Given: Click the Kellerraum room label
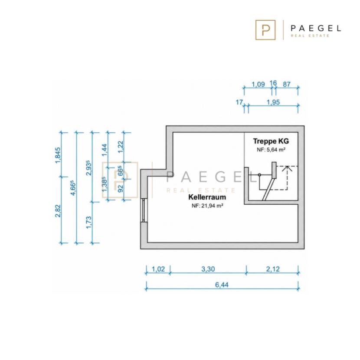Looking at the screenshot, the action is [x=207, y=197].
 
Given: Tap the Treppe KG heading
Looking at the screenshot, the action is [x=271, y=141].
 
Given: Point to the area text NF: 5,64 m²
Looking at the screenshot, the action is [x=271, y=150].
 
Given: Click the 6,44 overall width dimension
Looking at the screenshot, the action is [x=222, y=285].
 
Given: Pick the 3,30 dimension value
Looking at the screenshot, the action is [x=208, y=269].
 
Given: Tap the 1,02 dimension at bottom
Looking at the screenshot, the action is [x=158, y=269].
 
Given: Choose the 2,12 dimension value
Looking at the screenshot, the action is [x=273, y=269].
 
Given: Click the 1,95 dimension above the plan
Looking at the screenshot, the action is [x=273, y=102].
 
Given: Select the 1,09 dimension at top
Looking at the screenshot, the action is [x=259, y=84].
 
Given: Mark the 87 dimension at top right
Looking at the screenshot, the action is [x=287, y=84].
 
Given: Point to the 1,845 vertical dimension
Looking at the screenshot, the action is [x=58, y=155].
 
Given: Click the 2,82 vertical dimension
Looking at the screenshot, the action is [x=58, y=211].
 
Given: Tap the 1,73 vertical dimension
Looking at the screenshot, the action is [x=88, y=222].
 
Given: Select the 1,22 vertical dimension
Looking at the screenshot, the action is [x=120, y=147].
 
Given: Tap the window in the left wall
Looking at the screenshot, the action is [x=144, y=210].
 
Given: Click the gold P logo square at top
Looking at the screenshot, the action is [x=265, y=30].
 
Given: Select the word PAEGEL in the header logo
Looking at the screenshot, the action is [x=316, y=28].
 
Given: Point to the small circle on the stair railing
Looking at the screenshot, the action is [x=259, y=175].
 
